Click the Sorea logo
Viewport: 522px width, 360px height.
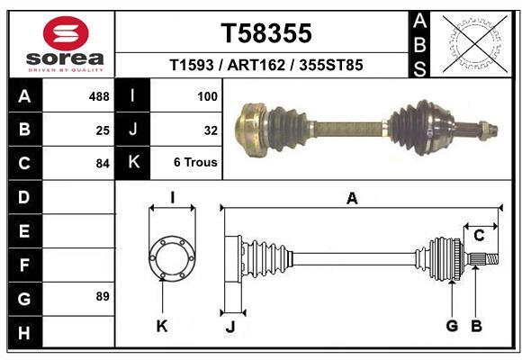coord(66,44)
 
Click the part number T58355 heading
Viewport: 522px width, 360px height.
coord(266,33)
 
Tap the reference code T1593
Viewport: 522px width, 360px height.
coord(193,67)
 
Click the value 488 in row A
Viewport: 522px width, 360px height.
coord(99,96)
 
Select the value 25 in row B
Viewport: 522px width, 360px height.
coord(103,130)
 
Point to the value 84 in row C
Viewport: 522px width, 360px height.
coord(103,164)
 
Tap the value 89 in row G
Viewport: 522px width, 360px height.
coord(103,296)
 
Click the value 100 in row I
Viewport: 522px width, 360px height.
coord(207,96)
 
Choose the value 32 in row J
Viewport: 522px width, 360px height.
coord(211,130)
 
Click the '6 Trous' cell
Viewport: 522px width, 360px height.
coord(195,164)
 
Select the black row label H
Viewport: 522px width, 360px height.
coord(24,333)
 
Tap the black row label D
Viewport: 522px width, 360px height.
coord(24,196)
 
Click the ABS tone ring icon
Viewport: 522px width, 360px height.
coord(474,44)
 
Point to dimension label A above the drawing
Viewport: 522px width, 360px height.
coord(352,199)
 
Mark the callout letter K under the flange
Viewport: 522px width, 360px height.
coord(162,326)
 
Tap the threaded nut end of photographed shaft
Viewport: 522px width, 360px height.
coord(486,129)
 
